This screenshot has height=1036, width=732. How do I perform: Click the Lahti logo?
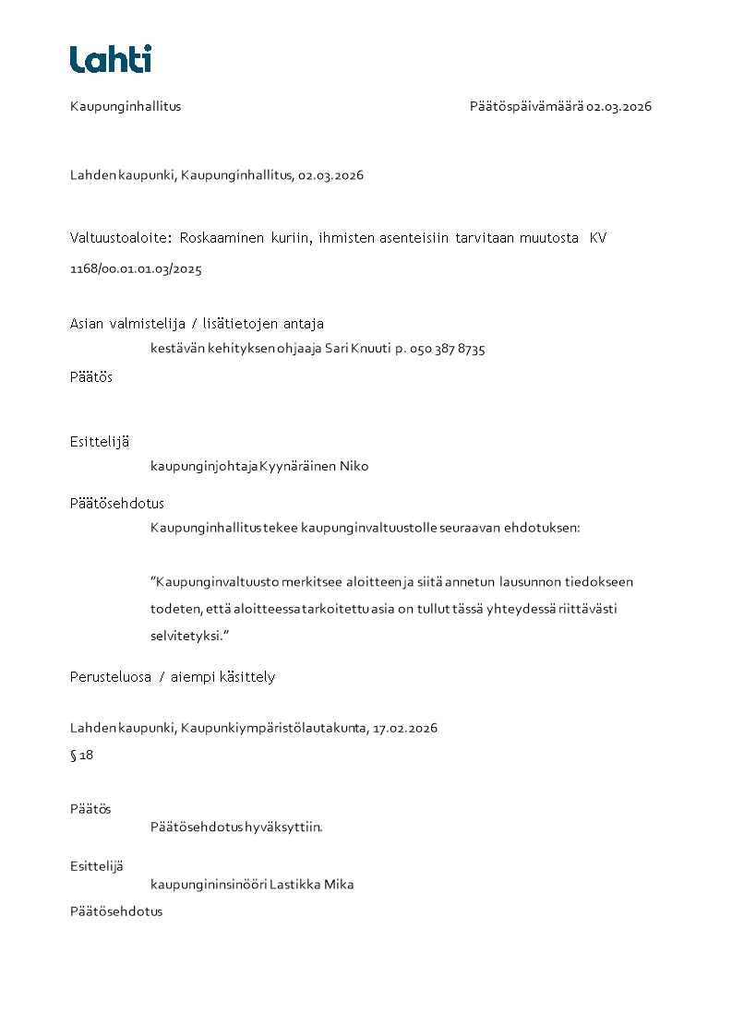click(x=110, y=59)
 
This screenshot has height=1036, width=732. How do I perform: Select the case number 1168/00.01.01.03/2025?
click(x=136, y=270)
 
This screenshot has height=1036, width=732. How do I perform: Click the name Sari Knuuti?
click(x=357, y=350)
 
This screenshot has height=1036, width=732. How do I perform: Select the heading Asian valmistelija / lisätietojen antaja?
click(x=197, y=324)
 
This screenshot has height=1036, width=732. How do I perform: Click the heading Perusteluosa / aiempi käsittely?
click(x=173, y=677)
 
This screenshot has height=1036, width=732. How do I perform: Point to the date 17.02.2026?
click(x=404, y=728)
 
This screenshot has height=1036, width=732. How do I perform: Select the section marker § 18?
click(x=81, y=756)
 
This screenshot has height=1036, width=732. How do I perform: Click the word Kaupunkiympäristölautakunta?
click(x=274, y=728)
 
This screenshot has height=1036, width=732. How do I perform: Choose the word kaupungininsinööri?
click(x=208, y=885)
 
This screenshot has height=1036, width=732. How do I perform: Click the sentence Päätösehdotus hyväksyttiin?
click(x=236, y=827)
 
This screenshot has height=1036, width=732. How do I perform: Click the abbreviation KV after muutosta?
click(x=598, y=238)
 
